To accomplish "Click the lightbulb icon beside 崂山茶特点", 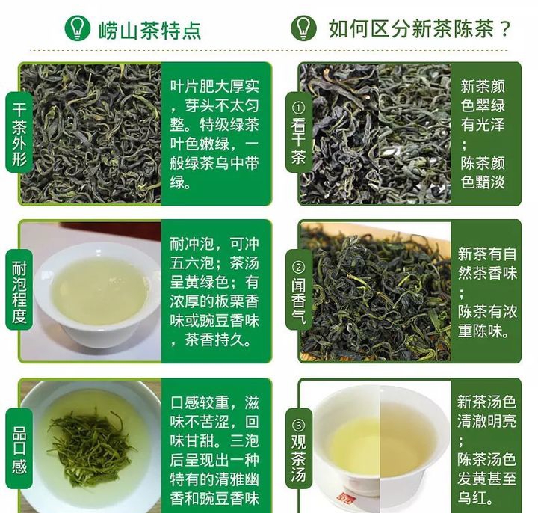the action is [78, 28].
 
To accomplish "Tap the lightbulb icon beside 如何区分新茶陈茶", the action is [303, 28].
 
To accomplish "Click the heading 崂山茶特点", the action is [150, 30].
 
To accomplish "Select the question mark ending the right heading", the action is [505, 29].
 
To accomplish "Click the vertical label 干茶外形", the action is [19, 133].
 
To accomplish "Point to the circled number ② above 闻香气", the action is [298, 268].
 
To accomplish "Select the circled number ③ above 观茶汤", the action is [298, 426].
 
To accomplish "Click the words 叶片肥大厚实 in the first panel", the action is [214, 86].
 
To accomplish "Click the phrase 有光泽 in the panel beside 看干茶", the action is [483, 124].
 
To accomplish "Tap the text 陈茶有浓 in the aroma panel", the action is [487, 311].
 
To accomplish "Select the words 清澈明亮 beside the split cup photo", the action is [486, 420].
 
